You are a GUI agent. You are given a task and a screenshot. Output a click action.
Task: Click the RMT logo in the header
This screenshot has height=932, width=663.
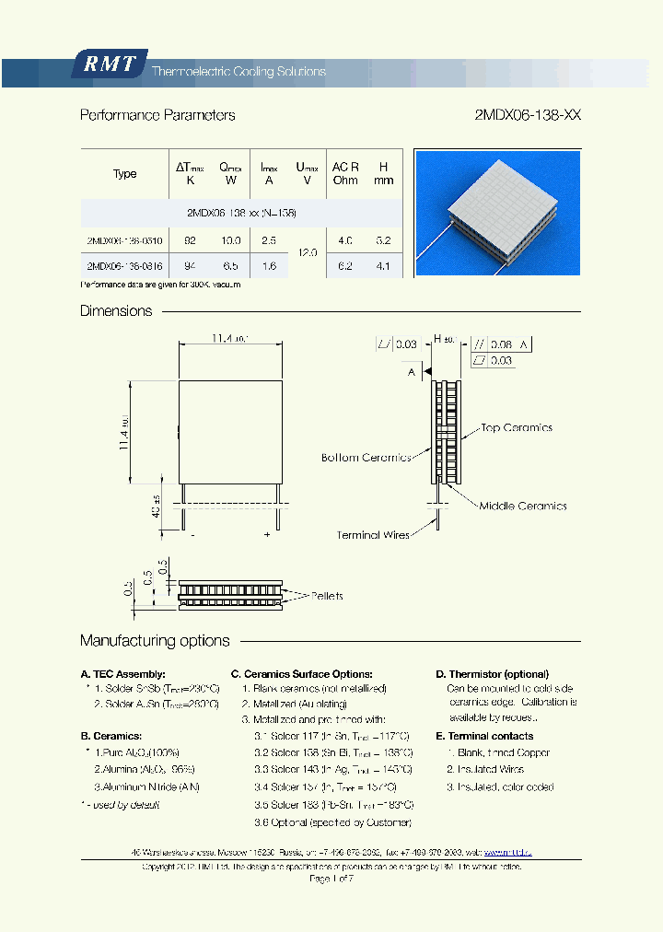[109, 64]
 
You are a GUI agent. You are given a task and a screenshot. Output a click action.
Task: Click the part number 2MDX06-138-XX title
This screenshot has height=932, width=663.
[527, 116]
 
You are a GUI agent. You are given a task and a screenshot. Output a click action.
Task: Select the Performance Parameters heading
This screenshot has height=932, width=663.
[157, 116]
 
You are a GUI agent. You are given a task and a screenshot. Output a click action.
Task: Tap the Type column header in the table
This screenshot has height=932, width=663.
[125, 174]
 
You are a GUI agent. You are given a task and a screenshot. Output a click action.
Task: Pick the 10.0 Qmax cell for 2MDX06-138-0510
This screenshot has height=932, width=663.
[230, 240]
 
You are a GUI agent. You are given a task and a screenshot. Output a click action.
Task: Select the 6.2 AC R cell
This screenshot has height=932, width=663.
[345, 267]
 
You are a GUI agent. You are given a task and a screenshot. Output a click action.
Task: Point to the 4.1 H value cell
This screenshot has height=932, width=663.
[383, 267]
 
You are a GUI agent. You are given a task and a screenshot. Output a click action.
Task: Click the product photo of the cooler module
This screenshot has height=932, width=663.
[497, 212]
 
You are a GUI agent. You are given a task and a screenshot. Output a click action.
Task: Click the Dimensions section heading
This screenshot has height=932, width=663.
[116, 311]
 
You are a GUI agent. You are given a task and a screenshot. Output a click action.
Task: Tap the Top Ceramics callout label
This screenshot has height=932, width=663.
[517, 428]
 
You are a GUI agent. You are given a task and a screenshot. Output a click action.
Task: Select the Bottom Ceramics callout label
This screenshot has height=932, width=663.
[366, 458]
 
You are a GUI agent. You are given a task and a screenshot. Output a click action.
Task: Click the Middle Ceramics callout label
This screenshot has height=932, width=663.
[523, 507]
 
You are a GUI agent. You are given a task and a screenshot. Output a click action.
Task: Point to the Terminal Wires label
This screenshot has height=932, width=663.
[373, 535]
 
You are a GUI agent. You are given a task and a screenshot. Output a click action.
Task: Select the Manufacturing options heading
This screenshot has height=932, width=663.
[155, 641]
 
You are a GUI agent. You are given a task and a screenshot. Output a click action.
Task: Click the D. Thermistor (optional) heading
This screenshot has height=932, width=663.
[492, 674]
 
